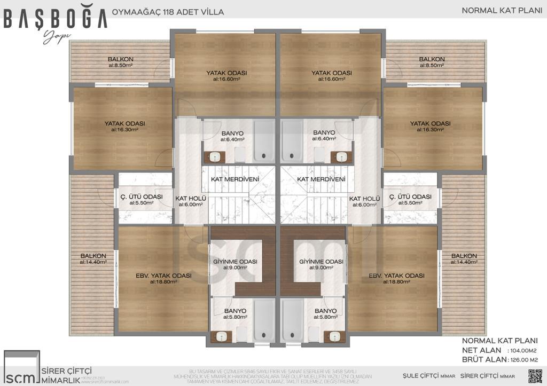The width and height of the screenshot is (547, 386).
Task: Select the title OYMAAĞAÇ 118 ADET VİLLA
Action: point(168,11)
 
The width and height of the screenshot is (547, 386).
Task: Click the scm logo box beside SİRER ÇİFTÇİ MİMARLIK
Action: point(21,368)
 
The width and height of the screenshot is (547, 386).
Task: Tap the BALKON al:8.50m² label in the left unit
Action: point(120,62)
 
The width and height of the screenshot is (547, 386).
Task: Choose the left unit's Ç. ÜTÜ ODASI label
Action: point(142,200)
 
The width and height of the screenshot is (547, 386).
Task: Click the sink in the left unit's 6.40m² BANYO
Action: point(215,156)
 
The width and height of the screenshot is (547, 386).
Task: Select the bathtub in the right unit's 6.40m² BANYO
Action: point(292,139)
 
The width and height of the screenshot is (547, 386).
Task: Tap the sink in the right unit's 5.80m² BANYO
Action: point(334,336)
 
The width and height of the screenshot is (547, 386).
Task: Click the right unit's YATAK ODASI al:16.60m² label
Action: point(332,75)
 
